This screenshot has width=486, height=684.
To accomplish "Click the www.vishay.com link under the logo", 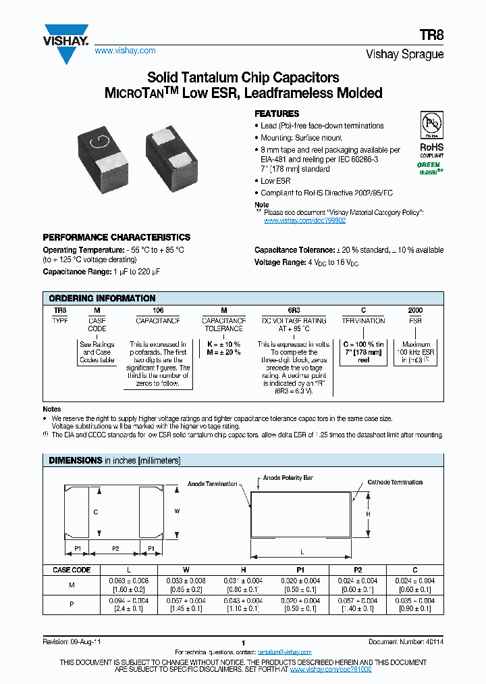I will coord(125,51).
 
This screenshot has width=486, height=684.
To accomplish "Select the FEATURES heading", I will coord(277,114).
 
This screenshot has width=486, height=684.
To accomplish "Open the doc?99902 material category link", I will coord(304,220).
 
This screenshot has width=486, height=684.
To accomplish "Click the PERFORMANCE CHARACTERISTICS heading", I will coord(117,238).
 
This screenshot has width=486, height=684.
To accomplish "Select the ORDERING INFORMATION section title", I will coord(103,298).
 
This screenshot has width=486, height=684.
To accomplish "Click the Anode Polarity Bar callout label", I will coord(288,478).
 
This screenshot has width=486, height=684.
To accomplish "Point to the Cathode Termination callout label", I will coord(395,483).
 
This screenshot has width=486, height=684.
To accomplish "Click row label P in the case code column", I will coord(72,604).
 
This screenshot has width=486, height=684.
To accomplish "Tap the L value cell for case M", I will coord(128,585).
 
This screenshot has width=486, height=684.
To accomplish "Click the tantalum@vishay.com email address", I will coord(284,652).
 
